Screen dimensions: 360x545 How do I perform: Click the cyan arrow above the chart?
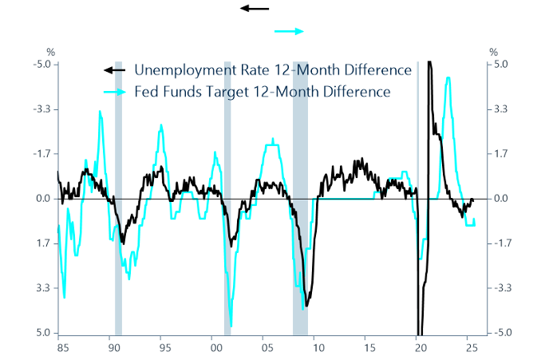[289, 31]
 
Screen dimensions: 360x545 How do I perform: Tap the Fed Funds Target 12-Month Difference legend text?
[263, 92]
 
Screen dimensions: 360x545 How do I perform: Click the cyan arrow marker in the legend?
[116, 92]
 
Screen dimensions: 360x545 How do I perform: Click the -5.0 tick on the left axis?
[42, 65]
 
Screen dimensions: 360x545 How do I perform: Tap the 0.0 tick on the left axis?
[43, 199]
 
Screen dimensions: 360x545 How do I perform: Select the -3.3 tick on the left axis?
[42, 109]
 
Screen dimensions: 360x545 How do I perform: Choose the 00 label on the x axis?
[215, 348]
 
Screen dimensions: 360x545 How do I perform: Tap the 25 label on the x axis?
[471, 348]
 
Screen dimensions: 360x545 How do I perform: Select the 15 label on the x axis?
[368, 348]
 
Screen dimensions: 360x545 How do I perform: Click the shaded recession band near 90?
[118, 200]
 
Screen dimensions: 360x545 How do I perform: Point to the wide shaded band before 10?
[300, 200]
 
